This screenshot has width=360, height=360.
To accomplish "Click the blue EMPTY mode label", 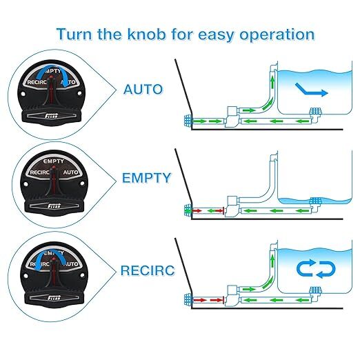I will tap(146, 177).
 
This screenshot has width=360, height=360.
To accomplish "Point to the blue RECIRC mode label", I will tap(146, 267).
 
